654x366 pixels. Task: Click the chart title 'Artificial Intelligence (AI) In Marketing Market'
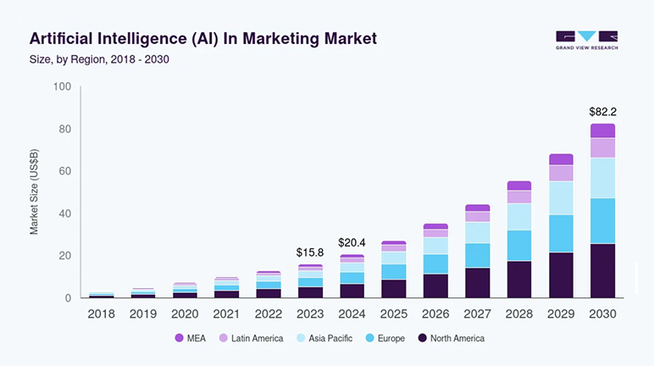pyautogui.click(x=203, y=39)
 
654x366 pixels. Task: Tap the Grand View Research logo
pyautogui.click(x=586, y=41)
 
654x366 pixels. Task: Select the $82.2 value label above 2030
pyautogui.click(x=602, y=111)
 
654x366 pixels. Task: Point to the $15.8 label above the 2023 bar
pyautogui.click(x=310, y=252)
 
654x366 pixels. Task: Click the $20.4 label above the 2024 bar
pyautogui.click(x=352, y=242)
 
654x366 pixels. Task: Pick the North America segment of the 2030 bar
pyautogui.click(x=602, y=270)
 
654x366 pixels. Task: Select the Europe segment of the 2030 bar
pyautogui.click(x=602, y=221)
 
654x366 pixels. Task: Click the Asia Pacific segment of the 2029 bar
pyautogui.click(x=561, y=197)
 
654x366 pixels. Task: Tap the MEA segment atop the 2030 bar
pyautogui.click(x=602, y=130)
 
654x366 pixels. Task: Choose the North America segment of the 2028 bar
pyautogui.click(x=519, y=279)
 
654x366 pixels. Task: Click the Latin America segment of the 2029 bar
pyautogui.click(x=561, y=173)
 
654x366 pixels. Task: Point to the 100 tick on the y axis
pyautogui.click(x=61, y=86)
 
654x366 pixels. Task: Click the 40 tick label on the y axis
pyautogui.click(x=64, y=213)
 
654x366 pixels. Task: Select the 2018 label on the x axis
pyautogui.click(x=102, y=313)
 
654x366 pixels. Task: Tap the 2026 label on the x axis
pyautogui.click(x=435, y=313)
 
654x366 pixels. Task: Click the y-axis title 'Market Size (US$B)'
pyautogui.click(x=34, y=192)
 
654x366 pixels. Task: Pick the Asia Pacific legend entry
pyautogui.click(x=324, y=338)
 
